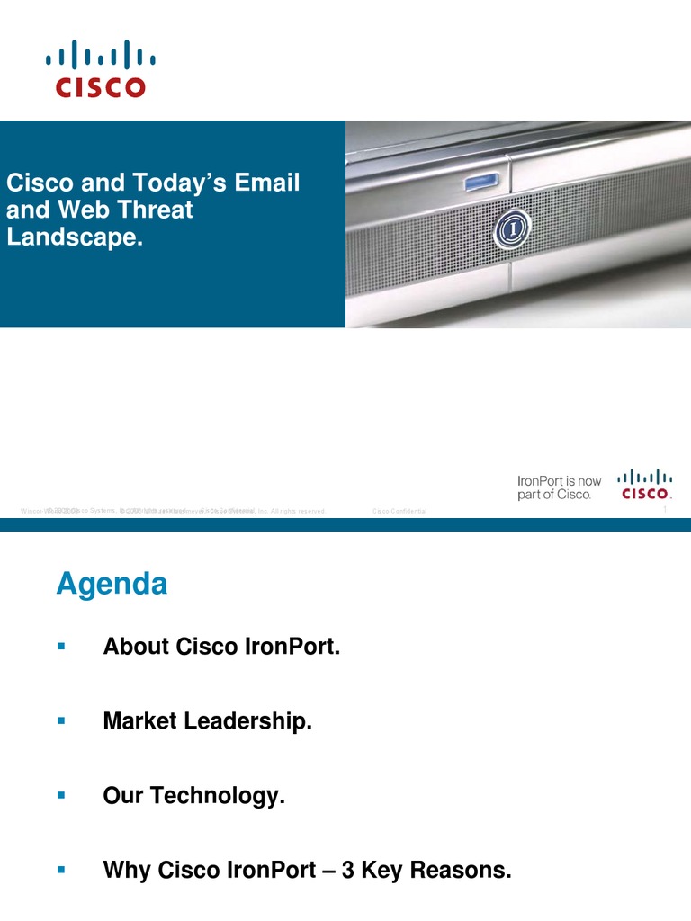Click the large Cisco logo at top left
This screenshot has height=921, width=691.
(x=100, y=67)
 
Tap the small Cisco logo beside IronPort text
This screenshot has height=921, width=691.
(x=643, y=485)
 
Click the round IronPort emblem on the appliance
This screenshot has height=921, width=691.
(x=512, y=229)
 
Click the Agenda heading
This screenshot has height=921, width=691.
(x=112, y=585)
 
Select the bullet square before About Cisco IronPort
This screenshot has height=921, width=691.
(x=61, y=646)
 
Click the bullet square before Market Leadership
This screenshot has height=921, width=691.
(x=61, y=720)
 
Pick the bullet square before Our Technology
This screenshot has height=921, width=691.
(x=61, y=795)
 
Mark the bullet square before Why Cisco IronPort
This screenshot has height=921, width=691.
(x=61, y=870)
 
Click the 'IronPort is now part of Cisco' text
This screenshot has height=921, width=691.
(x=559, y=488)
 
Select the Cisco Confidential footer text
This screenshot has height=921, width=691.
(x=399, y=512)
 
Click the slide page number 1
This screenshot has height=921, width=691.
(x=664, y=511)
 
